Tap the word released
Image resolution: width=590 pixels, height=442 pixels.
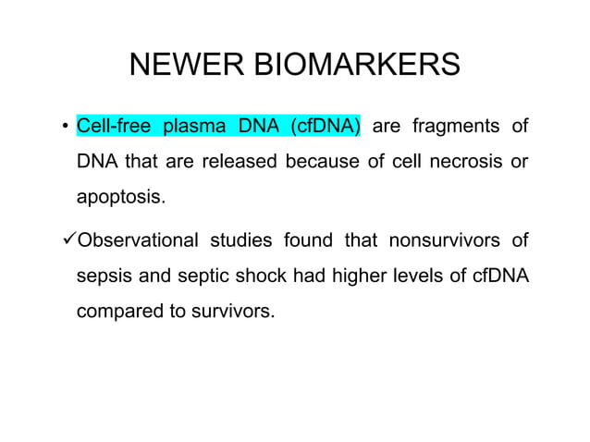(x=240, y=162)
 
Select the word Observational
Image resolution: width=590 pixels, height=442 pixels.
(x=138, y=241)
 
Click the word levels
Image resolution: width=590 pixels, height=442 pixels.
(x=417, y=276)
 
